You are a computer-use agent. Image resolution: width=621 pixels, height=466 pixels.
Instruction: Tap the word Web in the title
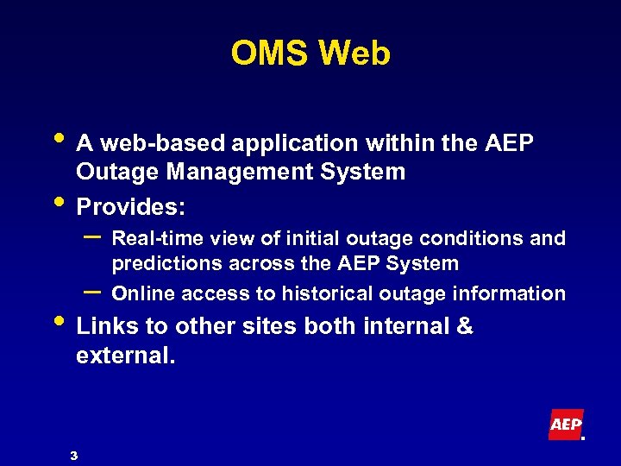click(x=354, y=54)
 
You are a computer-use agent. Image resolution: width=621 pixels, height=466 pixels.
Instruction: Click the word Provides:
click(x=131, y=209)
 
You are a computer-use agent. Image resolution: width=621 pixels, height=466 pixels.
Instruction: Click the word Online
click(x=141, y=293)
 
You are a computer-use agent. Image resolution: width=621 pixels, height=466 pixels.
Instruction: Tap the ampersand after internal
click(x=465, y=327)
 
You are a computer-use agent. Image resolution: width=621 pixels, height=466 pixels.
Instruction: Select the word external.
click(x=125, y=356)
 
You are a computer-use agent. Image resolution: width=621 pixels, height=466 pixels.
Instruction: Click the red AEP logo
click(x=566, y=425)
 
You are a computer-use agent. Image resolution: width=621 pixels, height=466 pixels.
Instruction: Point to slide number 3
click(x=74, y=455)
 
